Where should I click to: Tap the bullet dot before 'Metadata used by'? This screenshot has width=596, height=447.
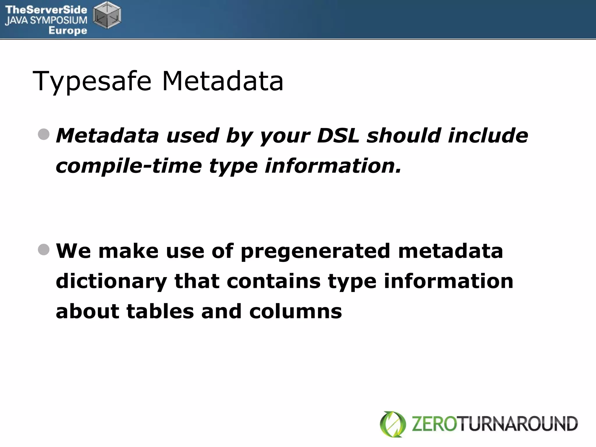click(x=44, y=134)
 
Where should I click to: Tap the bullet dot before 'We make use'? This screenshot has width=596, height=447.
click(x=44, y=249)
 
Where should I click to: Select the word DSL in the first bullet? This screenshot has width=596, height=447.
click(x=338, y=136)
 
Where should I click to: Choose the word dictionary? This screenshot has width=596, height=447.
click(x=111, y=281)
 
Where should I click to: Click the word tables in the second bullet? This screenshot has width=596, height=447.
click(x=160, y=311)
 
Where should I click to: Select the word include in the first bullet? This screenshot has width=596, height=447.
click(x=488, y=136)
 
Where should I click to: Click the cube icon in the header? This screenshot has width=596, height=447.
click(x=107, y=15)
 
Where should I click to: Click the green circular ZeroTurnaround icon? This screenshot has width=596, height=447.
click(x=393, y=424)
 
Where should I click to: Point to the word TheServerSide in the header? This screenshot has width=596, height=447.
click(x=46, y=10)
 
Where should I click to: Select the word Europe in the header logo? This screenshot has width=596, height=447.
click(x=68, y=31)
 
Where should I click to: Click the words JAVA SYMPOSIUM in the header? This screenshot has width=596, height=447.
click(x=46, y=20)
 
